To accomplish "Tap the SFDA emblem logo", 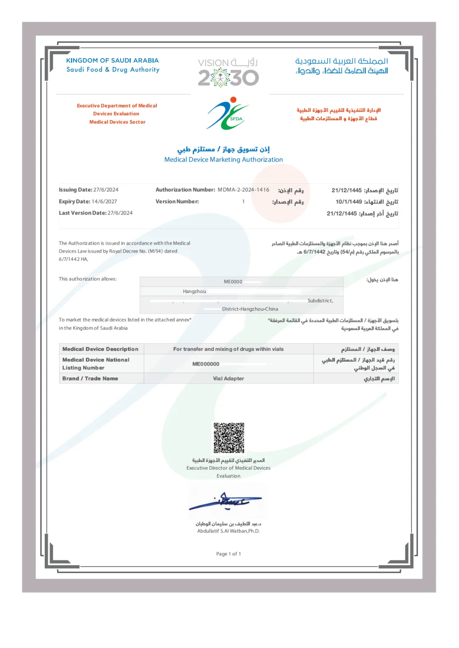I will tap(228, 113).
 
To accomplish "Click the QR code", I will tap(229, 438).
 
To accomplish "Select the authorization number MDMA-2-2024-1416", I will tap(244, 190).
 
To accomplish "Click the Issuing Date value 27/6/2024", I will tap(106, 190).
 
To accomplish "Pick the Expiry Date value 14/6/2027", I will tap(104, 202).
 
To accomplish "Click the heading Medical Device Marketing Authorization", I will tap(224, 160).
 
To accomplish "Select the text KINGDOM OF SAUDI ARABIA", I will tap(112, 61).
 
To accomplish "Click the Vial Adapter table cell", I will tap(228, 378).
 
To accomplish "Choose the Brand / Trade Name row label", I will tap(90, 378).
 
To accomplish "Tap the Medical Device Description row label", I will tap(100, 349).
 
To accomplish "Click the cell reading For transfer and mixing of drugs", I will tap(228, 349).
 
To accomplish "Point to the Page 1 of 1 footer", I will tap(228, 554).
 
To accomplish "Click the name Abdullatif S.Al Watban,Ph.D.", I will tap(228, 531).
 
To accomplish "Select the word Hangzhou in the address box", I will tap(194, 291).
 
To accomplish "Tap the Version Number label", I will tap(177, 202).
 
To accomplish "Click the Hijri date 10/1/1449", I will tap(348, 202).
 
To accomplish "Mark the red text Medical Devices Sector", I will tap(117, 122).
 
